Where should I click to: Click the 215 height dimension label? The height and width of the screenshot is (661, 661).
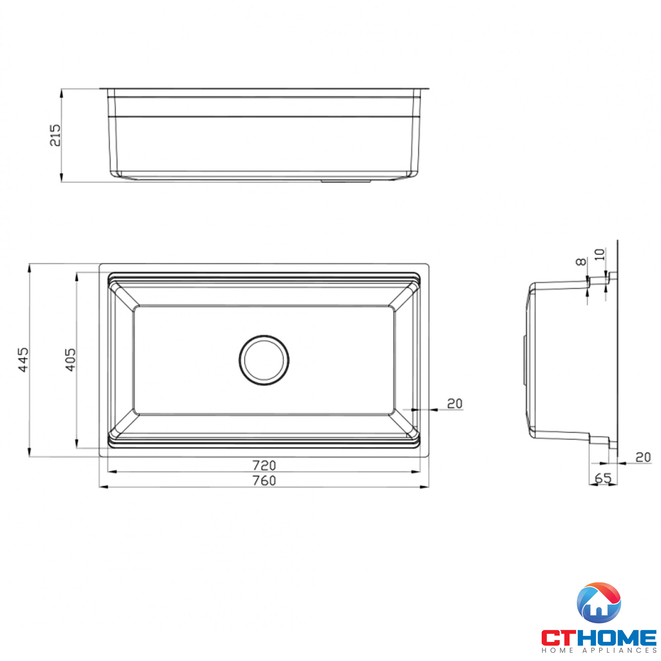(55, 135)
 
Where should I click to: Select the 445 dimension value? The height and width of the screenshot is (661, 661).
(23, 360)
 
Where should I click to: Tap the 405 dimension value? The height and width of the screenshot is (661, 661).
(70, 360)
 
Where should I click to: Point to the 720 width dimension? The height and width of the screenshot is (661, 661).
(264, 465)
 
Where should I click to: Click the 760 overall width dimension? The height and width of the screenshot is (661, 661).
(264, 481)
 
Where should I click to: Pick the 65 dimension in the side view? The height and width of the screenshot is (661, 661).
(603, 478)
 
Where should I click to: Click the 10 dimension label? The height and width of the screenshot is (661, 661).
(600, 254)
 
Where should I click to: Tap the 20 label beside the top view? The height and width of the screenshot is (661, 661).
(455, 404)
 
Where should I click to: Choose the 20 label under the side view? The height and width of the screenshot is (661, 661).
(643, 457)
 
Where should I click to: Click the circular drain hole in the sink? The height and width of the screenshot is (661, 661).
(264, 360)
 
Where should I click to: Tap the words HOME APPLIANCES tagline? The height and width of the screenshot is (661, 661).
(599, 650)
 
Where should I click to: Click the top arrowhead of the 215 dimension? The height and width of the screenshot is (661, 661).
(61, 93)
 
